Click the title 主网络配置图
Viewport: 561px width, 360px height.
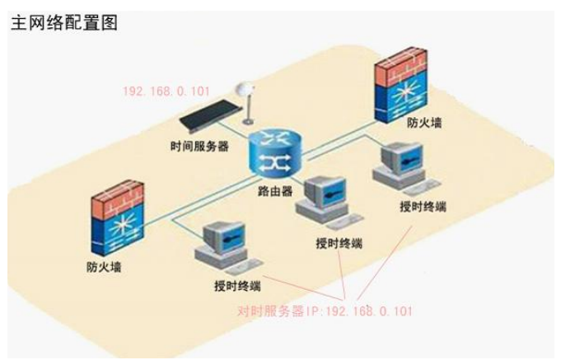(x=63, y=22)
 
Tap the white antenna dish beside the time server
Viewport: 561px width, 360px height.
(x=244, y=91)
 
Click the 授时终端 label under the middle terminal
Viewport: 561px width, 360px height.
(x=339, y=244)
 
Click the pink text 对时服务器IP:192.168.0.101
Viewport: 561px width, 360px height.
(x=325, y=311)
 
